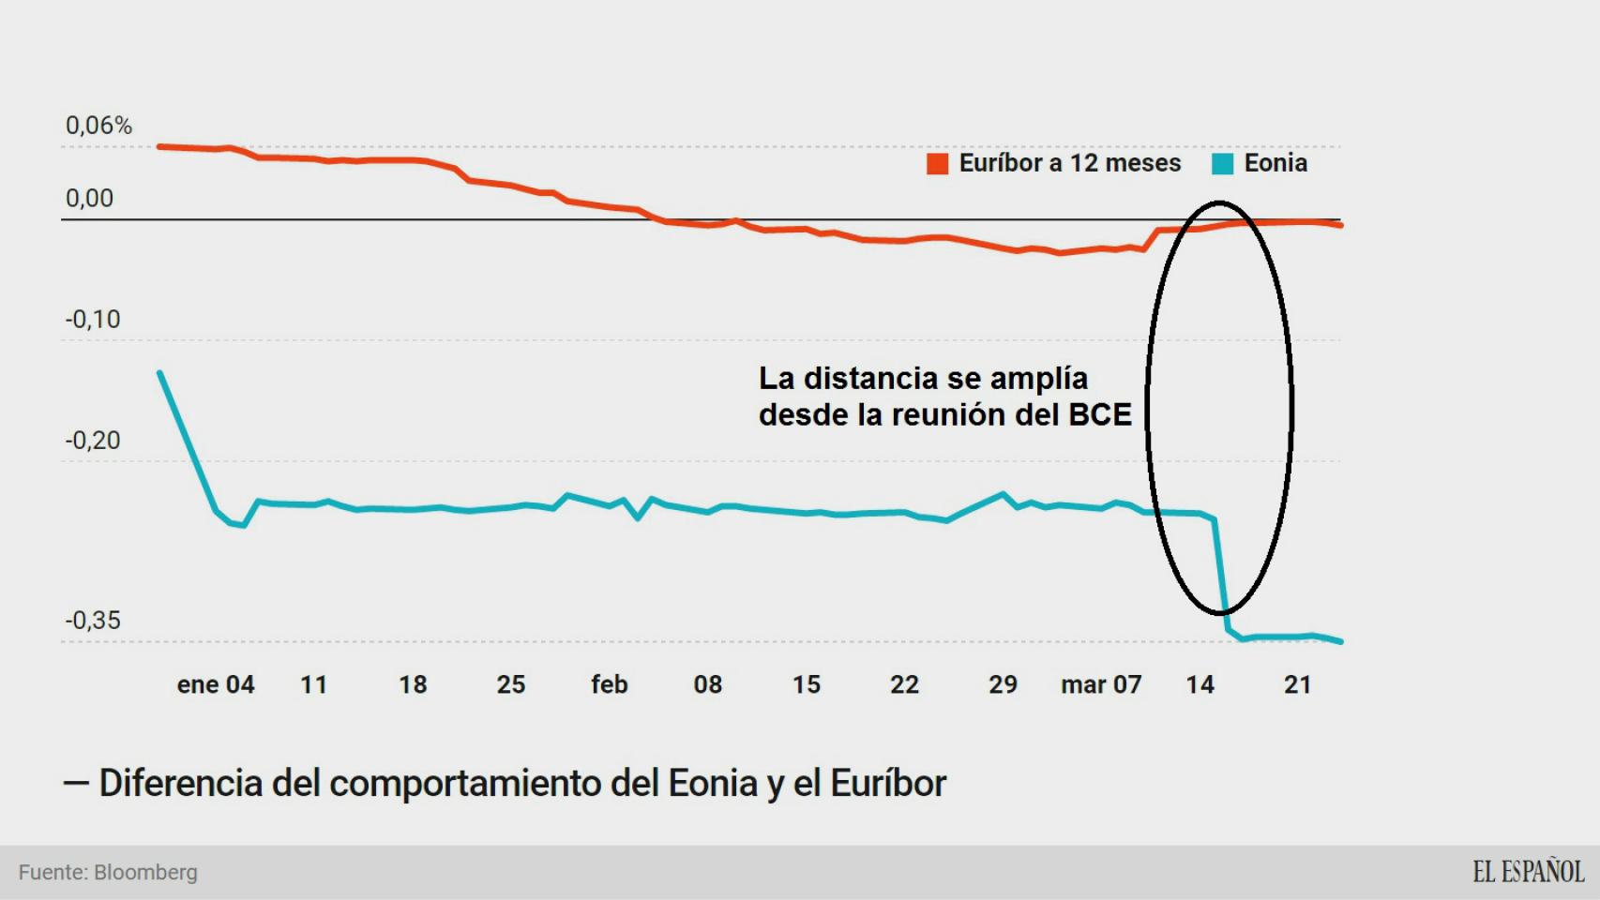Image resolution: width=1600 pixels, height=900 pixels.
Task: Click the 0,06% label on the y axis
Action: click(98, 126)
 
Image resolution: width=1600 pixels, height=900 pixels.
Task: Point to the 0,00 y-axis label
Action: click(89, 199)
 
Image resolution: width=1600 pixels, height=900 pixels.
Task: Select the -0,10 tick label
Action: click(93, 320)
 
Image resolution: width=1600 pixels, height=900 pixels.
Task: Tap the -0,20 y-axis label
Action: click(93, 441)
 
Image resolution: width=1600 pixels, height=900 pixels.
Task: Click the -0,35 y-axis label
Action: click(93, 621)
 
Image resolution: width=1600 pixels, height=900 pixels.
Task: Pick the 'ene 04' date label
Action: click(216, 685)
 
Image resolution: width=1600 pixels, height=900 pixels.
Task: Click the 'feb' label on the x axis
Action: click(609, 685)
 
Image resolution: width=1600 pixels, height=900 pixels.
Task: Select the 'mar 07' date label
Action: click(1101, 685)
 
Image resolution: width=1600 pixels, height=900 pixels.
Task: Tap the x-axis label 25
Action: click(510, 685)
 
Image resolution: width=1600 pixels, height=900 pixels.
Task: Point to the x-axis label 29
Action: click(1003, 685)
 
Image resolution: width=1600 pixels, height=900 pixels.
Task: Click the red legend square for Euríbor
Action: click(937, 164)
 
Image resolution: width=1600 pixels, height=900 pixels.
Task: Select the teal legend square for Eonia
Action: click(1222, 164)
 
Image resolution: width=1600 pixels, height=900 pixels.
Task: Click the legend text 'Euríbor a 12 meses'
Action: click(1069, 163)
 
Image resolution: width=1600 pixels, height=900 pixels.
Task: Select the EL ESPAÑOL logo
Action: click(1528, 872)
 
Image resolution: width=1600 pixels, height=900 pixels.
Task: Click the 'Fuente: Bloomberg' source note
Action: click(108, 873)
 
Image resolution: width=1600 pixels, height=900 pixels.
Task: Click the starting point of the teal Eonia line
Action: click(160, 373)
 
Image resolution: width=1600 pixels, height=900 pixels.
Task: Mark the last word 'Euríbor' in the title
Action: click(888, 784)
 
